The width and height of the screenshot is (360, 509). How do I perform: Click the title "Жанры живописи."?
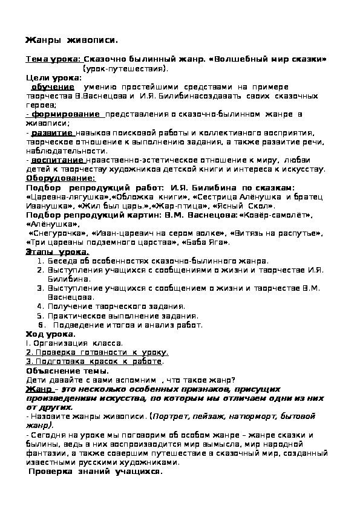pyautogui.click(x=71, y=40)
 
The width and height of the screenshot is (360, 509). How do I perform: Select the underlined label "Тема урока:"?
pyautogui.click(x=53, y=59)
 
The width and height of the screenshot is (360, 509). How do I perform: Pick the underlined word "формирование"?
pyautogui.click(x=67, y=114)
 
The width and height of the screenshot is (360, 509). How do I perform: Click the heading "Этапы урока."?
pyautogui.click(x=57, y=251)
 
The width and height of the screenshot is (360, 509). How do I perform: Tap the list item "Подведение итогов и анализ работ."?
pyautogui.click(x=129, y=325)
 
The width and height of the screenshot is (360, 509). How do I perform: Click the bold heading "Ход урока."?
pyautogui.click(x=51, y=334)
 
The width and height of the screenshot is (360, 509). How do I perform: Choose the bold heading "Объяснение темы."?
pyautogui.click(x=67, y=371)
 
